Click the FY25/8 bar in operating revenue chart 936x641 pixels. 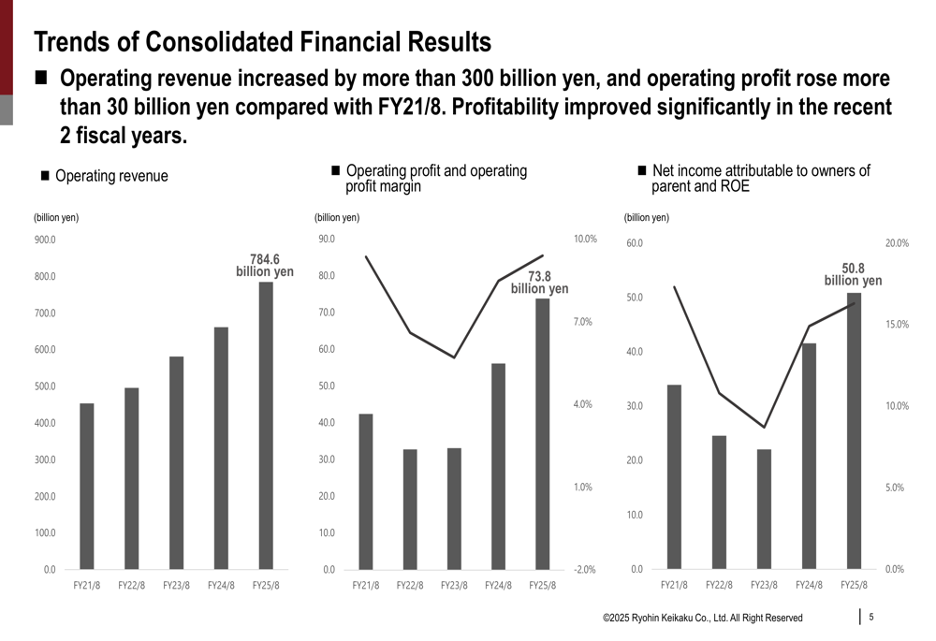[x=266, y=426]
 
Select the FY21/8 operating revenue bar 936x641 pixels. [x=87, y=487]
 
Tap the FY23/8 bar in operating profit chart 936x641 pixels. [x=454, y=509]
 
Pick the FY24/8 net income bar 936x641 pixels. [x=809, y=456]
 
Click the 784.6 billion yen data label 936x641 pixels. [x=265, y=266]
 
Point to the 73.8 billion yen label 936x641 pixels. [x=539, y=283]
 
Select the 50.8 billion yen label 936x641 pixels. [x=853, y=274]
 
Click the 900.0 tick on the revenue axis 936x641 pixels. [x=44, y=240]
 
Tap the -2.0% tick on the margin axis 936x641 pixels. [x=585, y=570]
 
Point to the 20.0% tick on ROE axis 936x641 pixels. [x=897, y=243]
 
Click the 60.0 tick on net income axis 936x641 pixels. [x=635, y=243]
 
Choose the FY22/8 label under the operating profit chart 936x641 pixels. [x=410, y=586]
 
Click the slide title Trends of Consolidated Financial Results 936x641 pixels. [x=262, y=42]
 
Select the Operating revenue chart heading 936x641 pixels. [x=111, y=176]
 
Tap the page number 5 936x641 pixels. [x=871, y=617]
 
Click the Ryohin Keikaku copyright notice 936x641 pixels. [x=702, y=618]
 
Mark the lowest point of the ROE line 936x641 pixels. [x=765, y=428]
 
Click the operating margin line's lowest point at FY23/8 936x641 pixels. [x=454, y=357]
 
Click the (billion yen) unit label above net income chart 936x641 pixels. [x=646, y=218]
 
